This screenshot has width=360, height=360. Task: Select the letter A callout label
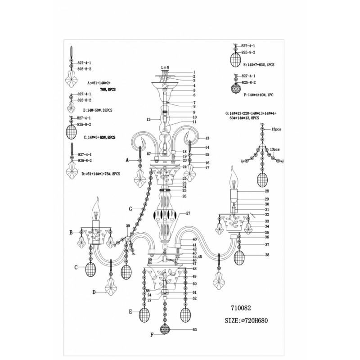127,160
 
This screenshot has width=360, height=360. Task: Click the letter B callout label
71,233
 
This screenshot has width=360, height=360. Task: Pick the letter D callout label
94,292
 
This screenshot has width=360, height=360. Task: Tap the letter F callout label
152,335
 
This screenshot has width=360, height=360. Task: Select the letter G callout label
130,209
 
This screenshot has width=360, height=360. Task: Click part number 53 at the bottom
194,330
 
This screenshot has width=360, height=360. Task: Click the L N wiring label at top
165,67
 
